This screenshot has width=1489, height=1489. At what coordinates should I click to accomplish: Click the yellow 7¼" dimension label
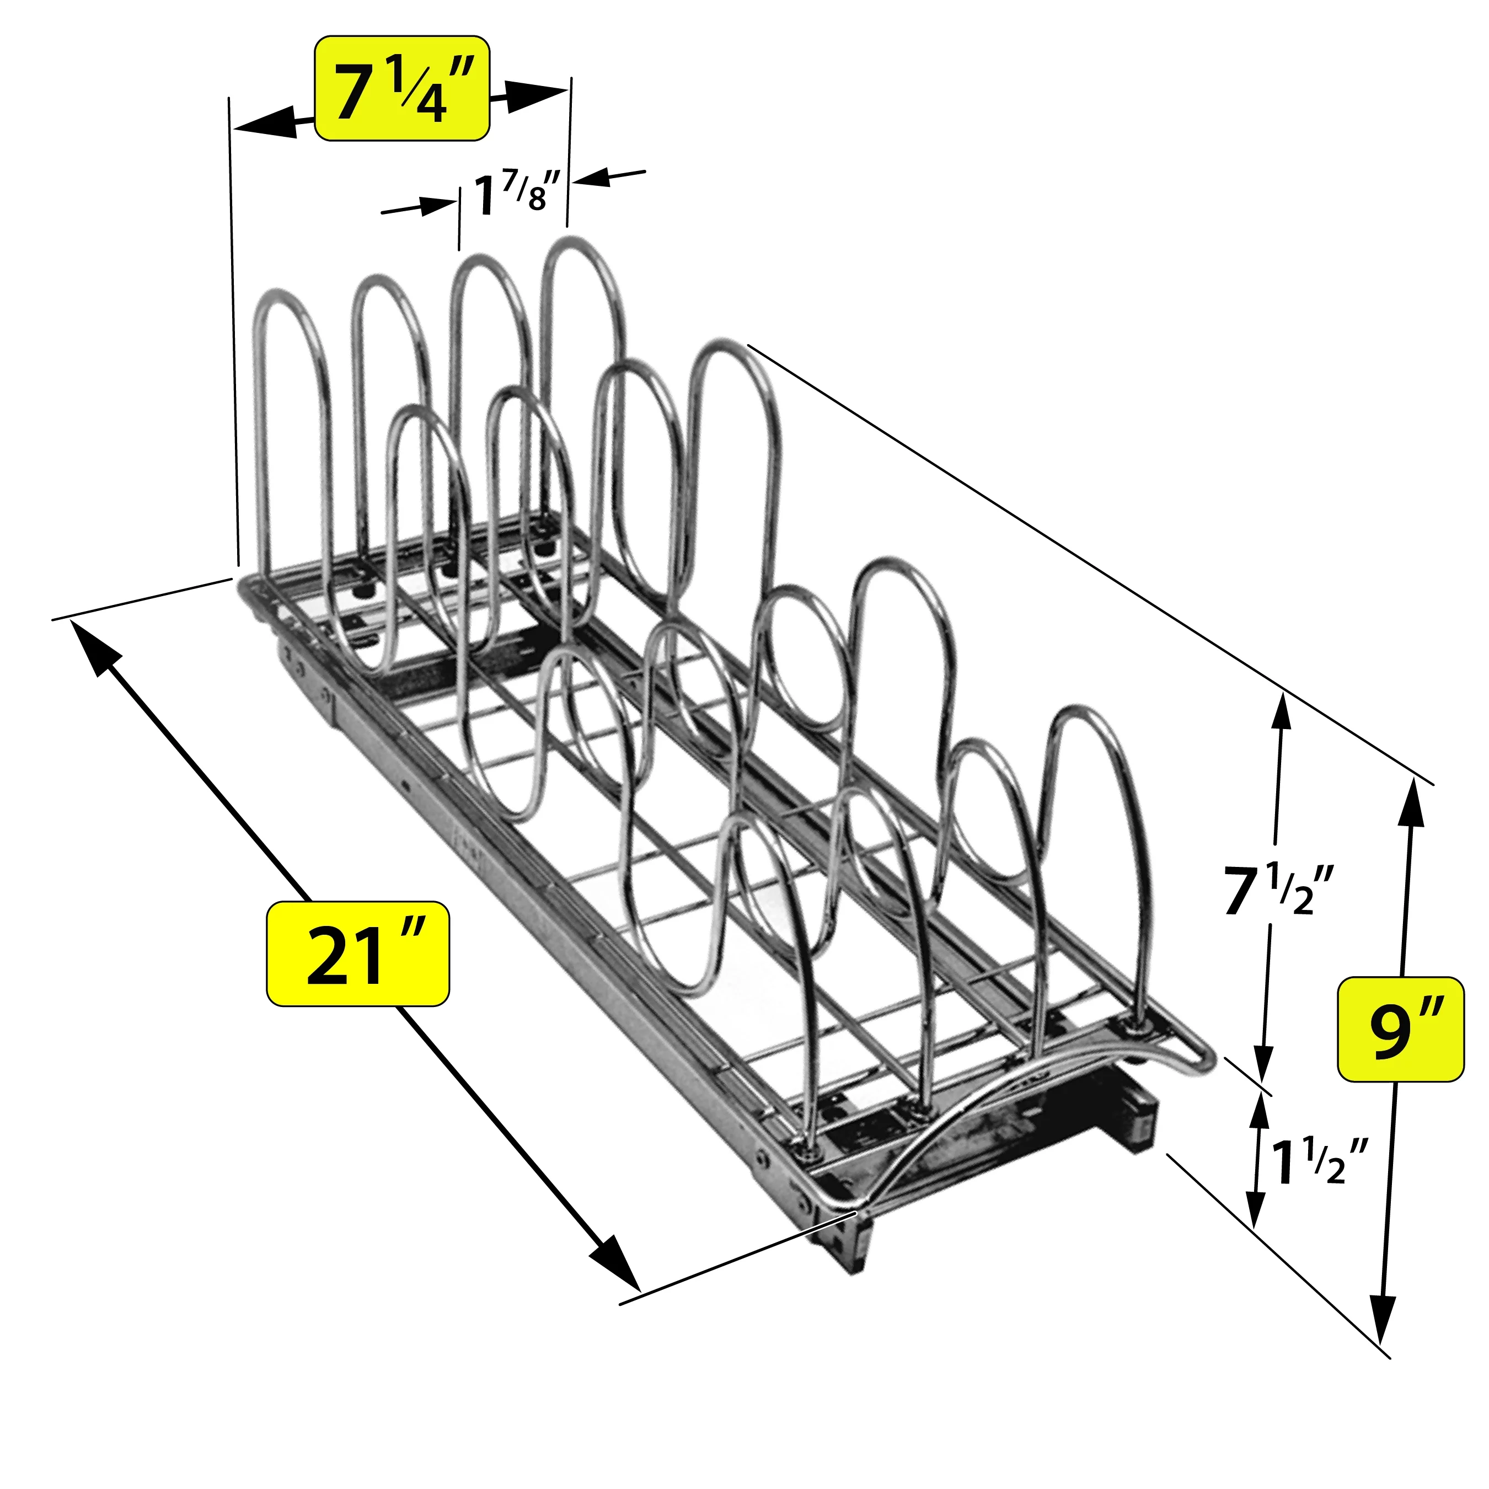(403, 89)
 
